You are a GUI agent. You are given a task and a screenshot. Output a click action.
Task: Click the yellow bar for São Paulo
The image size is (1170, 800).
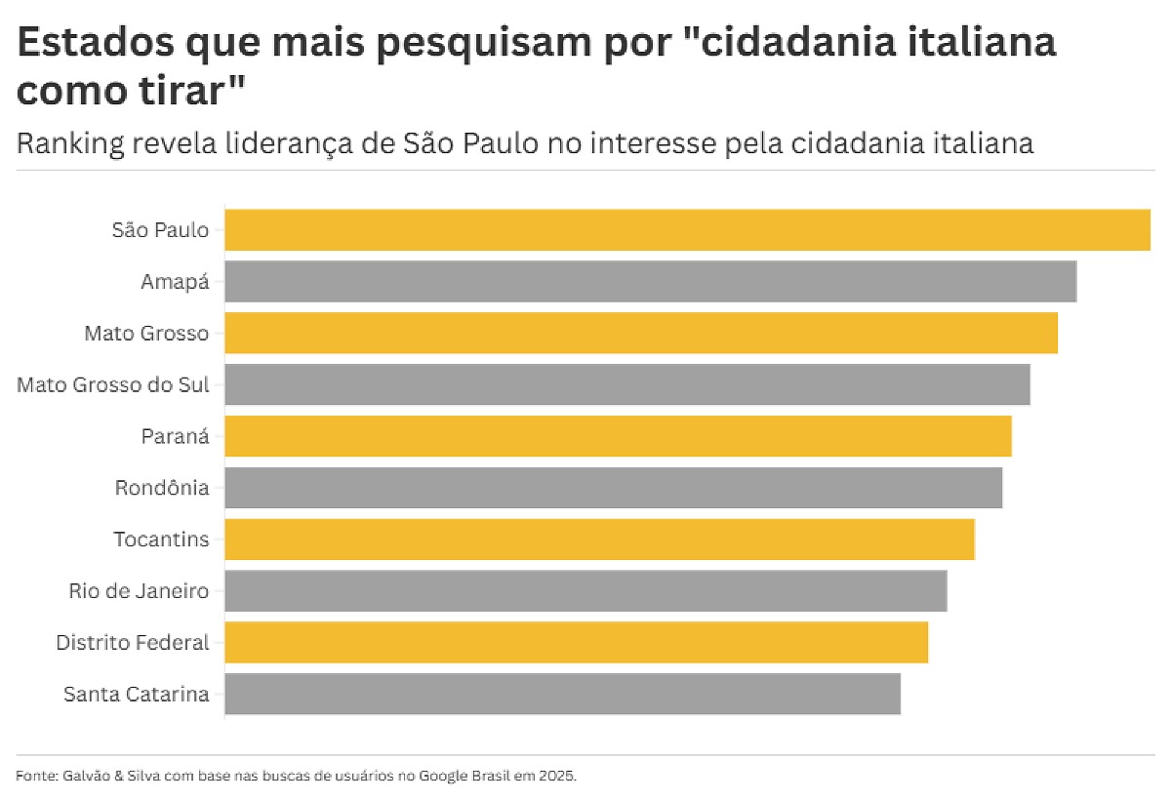pyautogui.click(x=687, y=230)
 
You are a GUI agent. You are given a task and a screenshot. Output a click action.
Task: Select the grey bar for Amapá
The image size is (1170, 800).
pyautogui.click(x=650, y=281)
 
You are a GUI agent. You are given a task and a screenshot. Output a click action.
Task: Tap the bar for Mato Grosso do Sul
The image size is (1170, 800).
pyautogui.click(x=627, y=384)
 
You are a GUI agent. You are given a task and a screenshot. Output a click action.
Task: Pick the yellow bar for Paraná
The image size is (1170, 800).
pyautogui.click(x=618, y=436)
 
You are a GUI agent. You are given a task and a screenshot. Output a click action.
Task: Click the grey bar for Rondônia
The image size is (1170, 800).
pyautogui.click(x=613, y=488)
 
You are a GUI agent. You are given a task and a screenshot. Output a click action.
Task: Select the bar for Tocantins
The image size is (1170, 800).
pyautogui.click(x=599, y=540)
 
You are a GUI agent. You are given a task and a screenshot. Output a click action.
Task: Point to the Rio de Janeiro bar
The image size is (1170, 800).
pyautogui.click(x=585, y=591)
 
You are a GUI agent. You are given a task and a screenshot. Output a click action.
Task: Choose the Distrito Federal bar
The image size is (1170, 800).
pyautogui.click(x=576, y=643)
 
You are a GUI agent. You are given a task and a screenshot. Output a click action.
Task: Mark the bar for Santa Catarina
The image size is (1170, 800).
pyautogui.click(x=562, y=694)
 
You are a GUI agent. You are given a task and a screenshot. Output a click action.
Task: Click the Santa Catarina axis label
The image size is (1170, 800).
pyautogui.click(x=137, y=695)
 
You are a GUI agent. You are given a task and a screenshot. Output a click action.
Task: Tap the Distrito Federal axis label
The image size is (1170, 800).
pyautogui.click(x=133, y=643)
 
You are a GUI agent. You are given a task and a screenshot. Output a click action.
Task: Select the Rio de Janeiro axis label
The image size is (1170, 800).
pyautogui.click(x=139, y=591)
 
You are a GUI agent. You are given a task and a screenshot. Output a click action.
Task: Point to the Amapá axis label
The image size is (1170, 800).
pyautogui.click(x=175, y=282)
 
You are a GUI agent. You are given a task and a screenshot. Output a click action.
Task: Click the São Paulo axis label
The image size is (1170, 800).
pyautogui.click(x=160, y=230)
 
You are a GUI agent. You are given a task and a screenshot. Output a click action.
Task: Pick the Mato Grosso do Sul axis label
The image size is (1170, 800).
pyautogui.click(x=113, y=385)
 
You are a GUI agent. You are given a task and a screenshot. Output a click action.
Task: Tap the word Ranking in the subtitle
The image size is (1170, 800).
pyautogui.click(x=70, y=143)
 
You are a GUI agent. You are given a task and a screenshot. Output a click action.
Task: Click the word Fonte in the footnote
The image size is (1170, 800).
pyautogui.click(x=36, y=777)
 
